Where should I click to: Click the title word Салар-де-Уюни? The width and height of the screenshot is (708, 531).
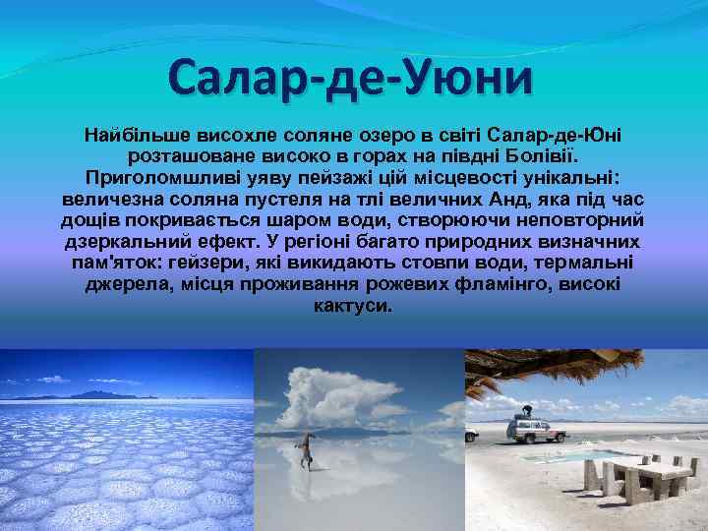point(349,77)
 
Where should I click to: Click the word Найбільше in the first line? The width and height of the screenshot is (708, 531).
point(137,133)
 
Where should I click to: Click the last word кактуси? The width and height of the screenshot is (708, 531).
point(353,306)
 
